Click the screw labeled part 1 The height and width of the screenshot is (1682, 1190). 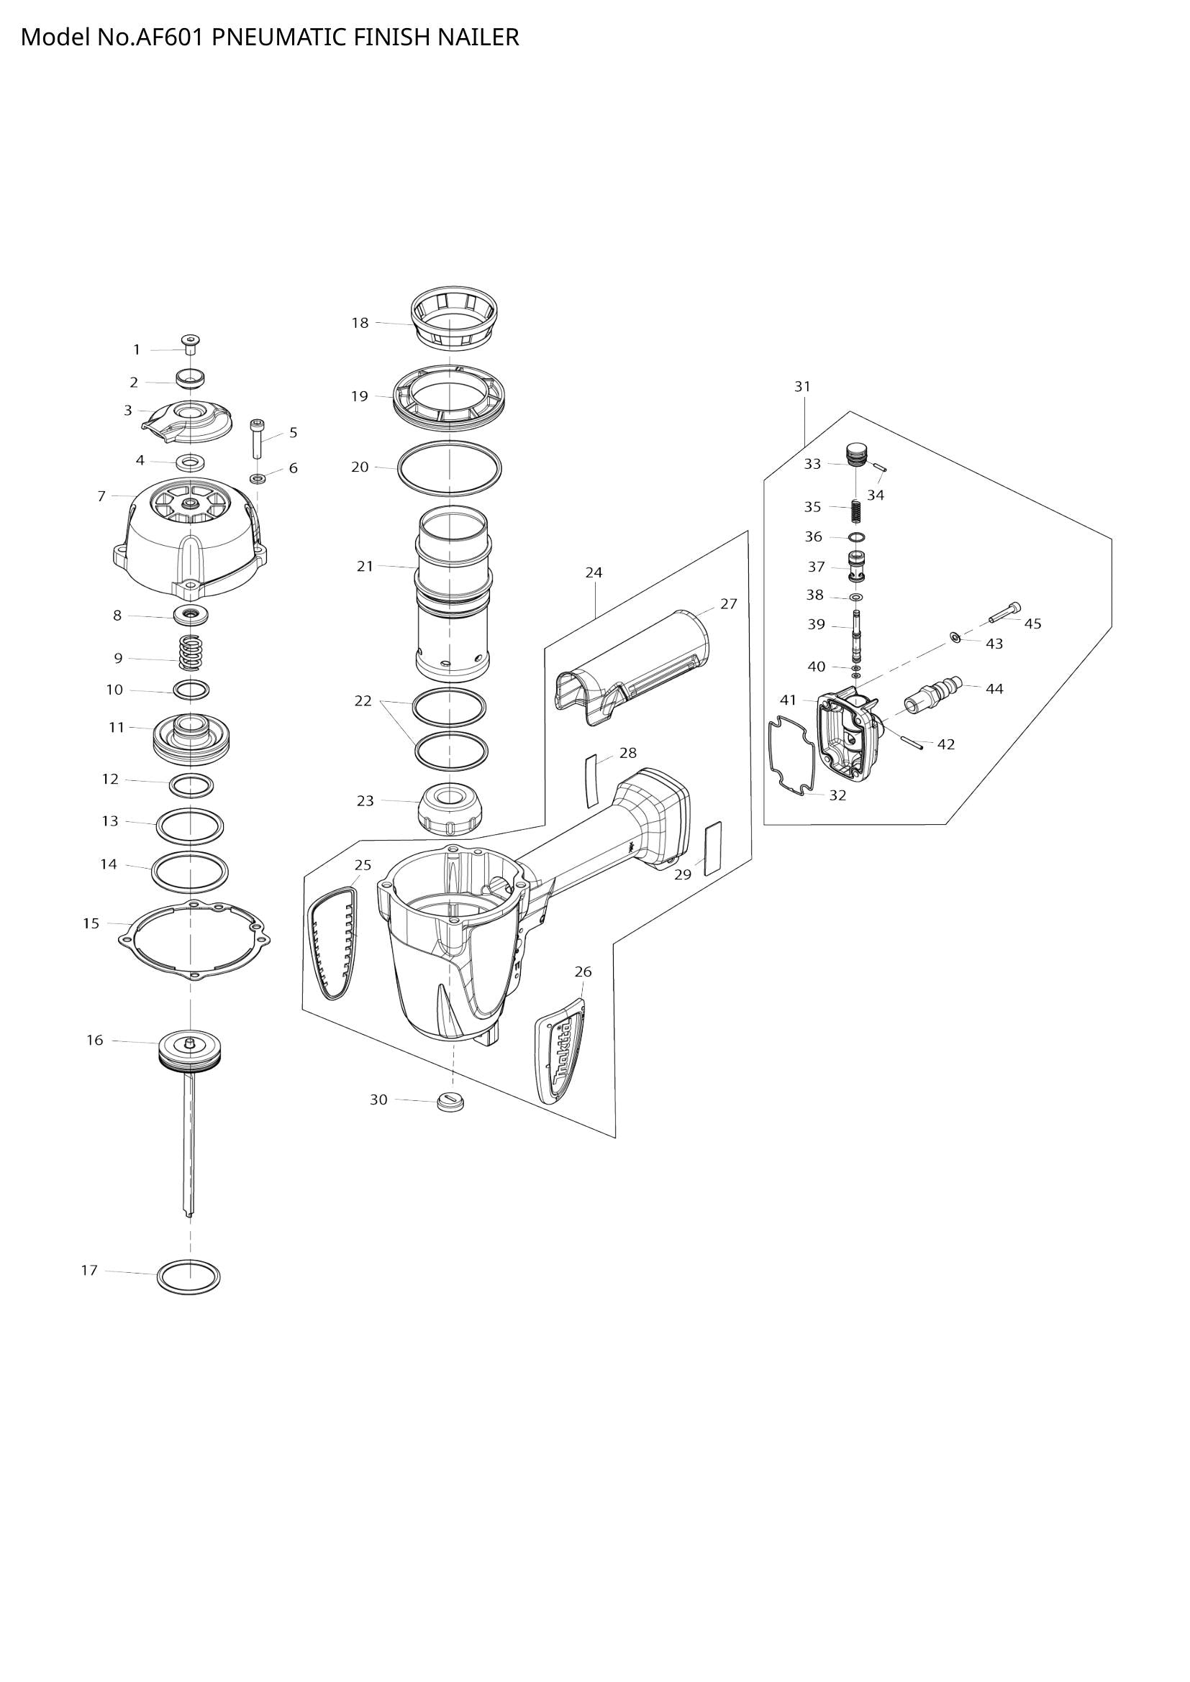tap(191, 344)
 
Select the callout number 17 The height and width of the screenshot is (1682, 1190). tap(89, 1270)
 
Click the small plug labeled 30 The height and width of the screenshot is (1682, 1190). tap(452, 1101)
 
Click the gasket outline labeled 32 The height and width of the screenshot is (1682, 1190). tap(791, 754)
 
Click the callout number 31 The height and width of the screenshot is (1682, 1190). tap(802, 386)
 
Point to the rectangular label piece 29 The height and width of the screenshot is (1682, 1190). tap(712, 849)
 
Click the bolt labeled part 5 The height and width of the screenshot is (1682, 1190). tap(257, 439)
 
